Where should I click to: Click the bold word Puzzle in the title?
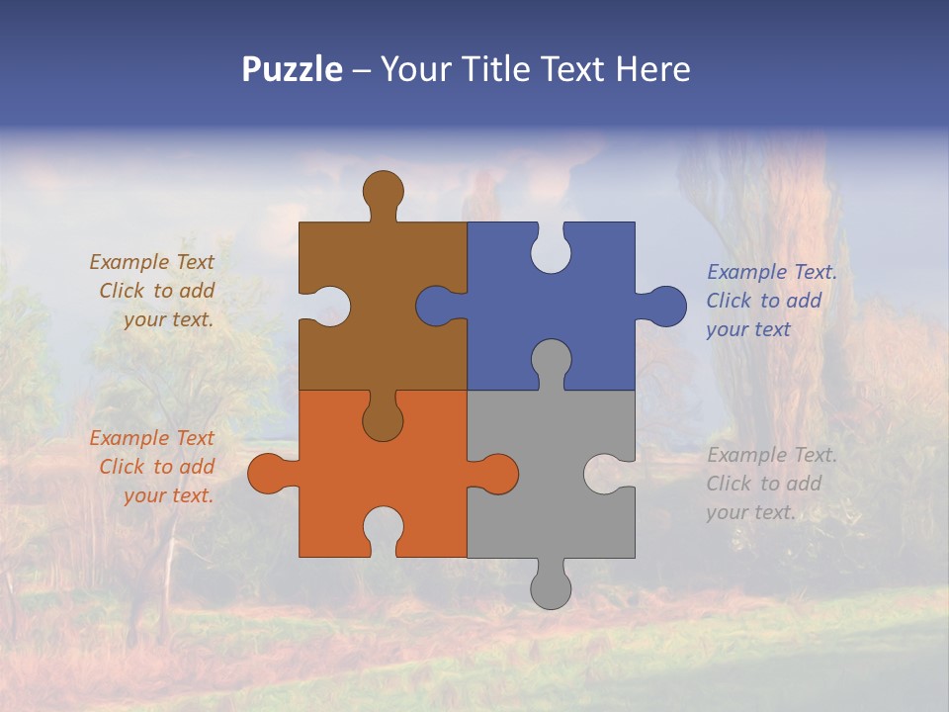coord(293,69)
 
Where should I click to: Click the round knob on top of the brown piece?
coord(384,190)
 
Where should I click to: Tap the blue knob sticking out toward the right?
coord(665,307)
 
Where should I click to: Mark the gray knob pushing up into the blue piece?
coord(551,360)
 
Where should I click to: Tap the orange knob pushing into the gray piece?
coord(497,473)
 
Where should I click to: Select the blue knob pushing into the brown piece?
coord(436,307)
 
